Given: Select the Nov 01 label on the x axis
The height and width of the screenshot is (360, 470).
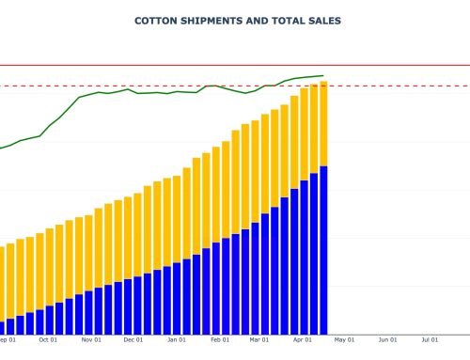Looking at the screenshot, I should point(90,340).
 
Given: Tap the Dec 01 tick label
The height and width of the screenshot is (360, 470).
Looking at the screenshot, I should point(133,340).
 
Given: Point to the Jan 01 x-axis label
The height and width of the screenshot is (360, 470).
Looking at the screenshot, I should point(177,340).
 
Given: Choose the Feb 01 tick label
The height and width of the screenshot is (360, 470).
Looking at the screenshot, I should point(220,340).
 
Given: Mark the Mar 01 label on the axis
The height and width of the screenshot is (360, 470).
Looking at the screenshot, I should point(259,340).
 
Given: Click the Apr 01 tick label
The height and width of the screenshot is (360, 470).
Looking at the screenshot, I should point(303,340).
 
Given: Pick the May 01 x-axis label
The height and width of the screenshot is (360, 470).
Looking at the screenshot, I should point(345,340).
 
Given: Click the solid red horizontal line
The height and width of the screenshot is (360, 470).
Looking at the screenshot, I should point(395,66).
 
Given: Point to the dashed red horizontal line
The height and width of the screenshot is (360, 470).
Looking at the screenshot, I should point(395,86).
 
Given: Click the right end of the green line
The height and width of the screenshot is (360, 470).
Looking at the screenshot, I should point(323,75).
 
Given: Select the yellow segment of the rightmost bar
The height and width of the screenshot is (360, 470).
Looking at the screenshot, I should point(323,123).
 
